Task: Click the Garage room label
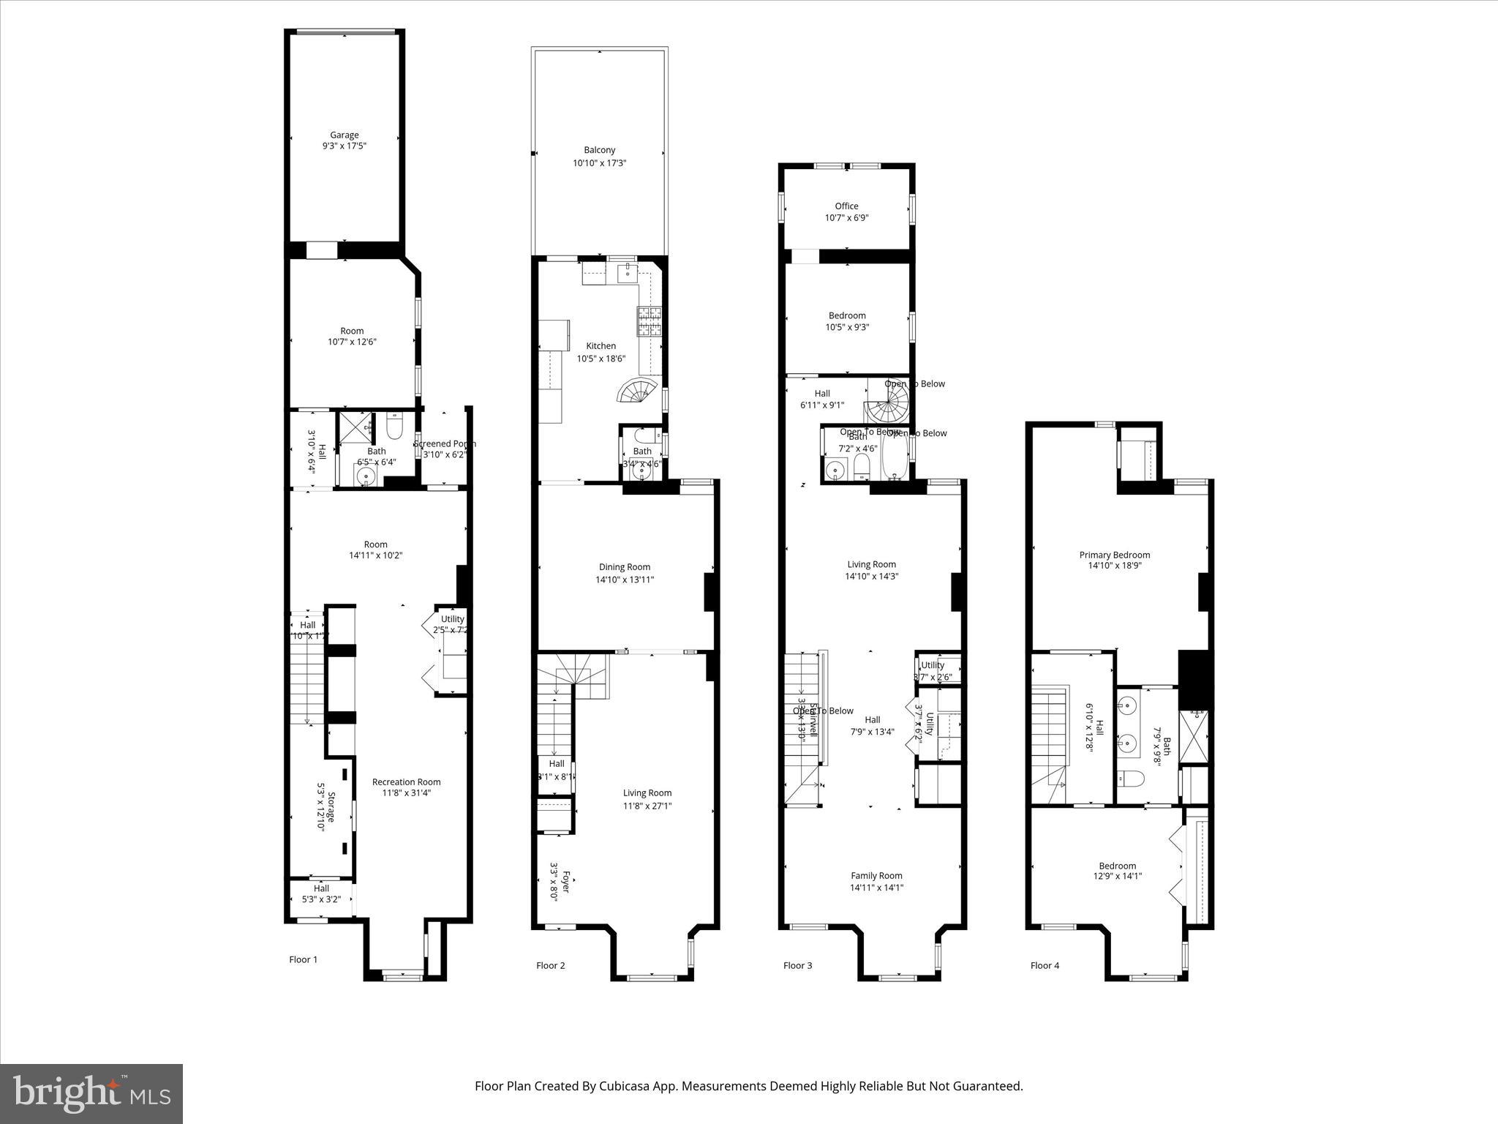(x=344, y=135)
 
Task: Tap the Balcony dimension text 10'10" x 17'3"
(x=599, y=163)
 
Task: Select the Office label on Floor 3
(x=846, y=206)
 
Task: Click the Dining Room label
(x=624, y=567)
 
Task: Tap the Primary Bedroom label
(x=1114, y=555)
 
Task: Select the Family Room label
(x=876, y=876)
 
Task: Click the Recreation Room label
(x=406, y=782)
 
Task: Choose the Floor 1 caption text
(x=304, y=959)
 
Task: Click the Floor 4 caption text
(x=1045, y=965)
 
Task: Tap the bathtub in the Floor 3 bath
(x=893, y=456)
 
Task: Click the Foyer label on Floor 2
(x=564, y=880)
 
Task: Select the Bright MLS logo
(x=91, y=1093)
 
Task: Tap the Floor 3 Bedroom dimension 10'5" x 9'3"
(x=847, y=327)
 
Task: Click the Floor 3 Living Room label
(x=871, y=564)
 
